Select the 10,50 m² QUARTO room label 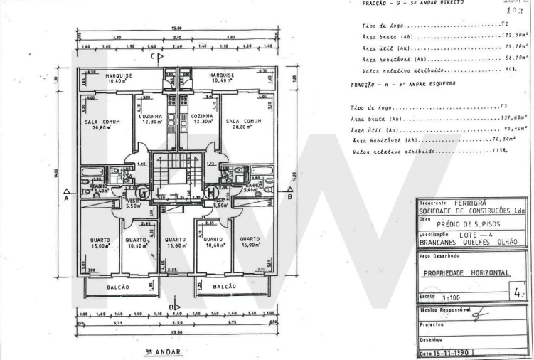(135, 243)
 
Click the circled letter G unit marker (142, 192)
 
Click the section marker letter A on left (65, 200)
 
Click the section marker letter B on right (289, 199)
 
